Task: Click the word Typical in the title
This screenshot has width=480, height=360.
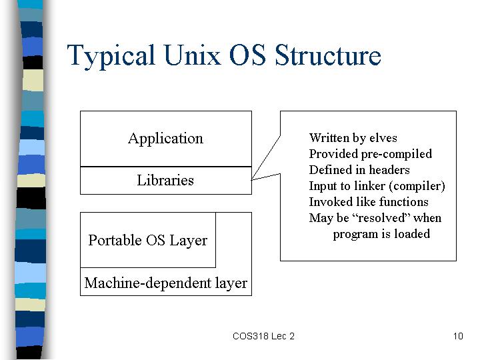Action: click(x=111, y=56)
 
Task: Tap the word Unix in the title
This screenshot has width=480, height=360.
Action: click(x=192, y=55)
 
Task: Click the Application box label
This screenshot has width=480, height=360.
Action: click(x=165, y=139)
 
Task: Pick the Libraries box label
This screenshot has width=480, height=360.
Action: click(x=165, y=180)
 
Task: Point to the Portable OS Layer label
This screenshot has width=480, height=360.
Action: click(x=148, y=240)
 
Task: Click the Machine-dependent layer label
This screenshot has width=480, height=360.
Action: click(x=165, y=283)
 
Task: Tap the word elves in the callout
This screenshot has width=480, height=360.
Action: click(x=383, y=138)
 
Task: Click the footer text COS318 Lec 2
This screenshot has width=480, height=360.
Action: click(x=263, y=336)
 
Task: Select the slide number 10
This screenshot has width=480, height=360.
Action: click(x=458, y=336)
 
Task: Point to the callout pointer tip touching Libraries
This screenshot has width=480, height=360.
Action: click(x=251, y=180)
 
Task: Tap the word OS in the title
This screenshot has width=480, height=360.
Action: click(x=247, y=55)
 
